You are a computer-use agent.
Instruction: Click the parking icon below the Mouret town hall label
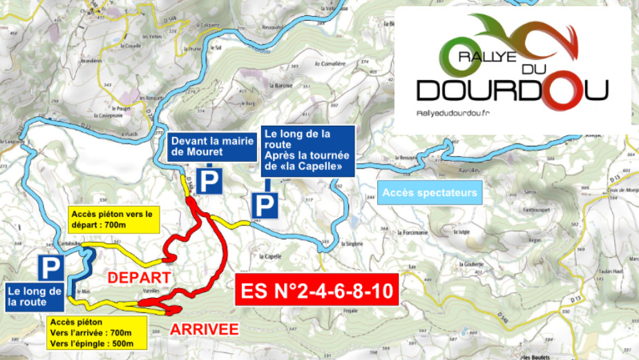pyautogui.click(x=209, y=181)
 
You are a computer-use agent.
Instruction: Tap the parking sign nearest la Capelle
pyautogui.click(x=264, y=205)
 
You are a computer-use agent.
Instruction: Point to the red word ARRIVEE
pyautogui.click(x=205, y=329)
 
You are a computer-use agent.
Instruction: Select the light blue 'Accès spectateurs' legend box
pyautogui.click(x=430, y=193)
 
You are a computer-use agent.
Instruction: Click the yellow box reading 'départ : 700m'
pyautogui.click(x=113, y=218)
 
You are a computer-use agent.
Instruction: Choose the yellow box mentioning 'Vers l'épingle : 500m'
pyautogui.click(x=97, y=332)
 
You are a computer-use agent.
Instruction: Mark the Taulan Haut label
pyautogui.click(x=614, y=273)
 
